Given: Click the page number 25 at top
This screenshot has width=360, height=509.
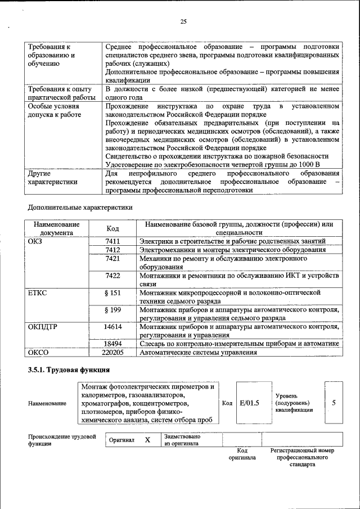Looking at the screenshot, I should click(183, 21).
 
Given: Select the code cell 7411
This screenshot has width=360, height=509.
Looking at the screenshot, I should click(113, 241).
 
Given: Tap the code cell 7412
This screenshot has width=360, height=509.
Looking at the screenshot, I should click(113, 249).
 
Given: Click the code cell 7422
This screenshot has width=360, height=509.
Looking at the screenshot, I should click(113, 276).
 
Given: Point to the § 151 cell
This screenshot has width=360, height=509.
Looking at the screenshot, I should click(113, 293).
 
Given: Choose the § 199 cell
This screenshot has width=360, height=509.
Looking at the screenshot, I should click(113, 310).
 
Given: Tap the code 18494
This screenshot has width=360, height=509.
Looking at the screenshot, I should click(113, 343).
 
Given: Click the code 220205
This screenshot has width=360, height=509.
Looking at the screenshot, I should click(113, 352).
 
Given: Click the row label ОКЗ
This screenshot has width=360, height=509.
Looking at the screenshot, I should click(34, 241).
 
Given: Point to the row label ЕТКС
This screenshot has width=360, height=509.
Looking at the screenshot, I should click(37, 293).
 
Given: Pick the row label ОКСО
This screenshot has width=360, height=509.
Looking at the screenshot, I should click(37, 352).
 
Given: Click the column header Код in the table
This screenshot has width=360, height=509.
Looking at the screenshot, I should click(113, 228).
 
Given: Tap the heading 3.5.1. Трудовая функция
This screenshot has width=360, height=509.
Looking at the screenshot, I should click(69, 370).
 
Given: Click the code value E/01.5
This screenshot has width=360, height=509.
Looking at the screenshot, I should click(249, 403).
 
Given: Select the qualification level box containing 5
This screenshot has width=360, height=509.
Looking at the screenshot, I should click(334, 403).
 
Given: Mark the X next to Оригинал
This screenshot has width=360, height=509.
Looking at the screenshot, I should click(147, 440).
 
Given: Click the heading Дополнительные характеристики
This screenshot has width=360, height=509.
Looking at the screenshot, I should click(80, 207).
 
